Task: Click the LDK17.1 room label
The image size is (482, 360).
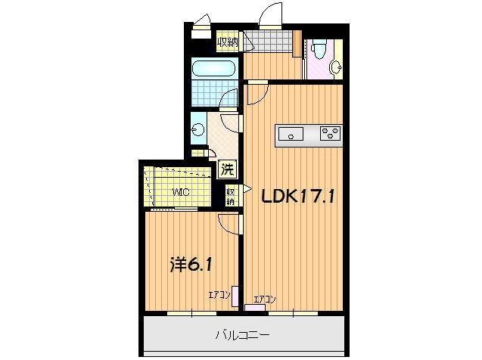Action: [298, 196]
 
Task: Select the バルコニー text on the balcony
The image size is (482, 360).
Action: [243, 334]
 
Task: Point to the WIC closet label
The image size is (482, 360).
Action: [179, 192]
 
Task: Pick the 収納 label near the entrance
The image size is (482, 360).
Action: [227, 42]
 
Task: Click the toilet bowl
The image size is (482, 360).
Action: [318, 51]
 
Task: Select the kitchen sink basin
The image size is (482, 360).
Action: [291, 135]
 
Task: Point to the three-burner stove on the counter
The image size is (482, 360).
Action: [331, 135]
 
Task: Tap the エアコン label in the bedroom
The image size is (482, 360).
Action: [219, 294]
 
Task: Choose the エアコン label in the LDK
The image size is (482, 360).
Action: [264, 299]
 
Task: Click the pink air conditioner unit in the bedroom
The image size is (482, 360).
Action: [235, 296]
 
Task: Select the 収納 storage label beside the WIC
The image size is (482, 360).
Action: [230, 196]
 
